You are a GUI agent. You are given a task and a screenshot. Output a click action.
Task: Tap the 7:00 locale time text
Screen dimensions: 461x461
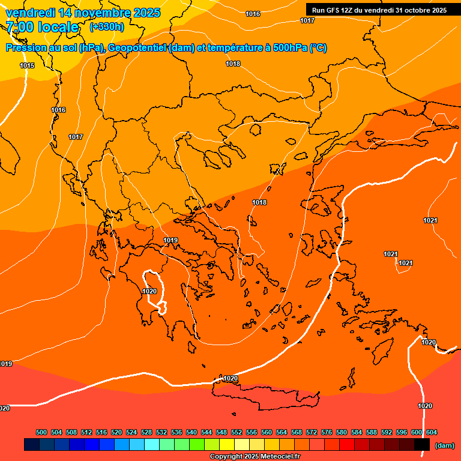coord(42,27)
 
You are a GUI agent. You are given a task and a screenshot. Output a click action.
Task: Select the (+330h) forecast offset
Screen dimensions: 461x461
coord(107,27)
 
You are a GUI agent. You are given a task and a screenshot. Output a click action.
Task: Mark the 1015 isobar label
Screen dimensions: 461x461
coord(27,65)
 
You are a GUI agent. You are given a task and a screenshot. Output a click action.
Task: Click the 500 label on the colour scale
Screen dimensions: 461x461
coord(41,432)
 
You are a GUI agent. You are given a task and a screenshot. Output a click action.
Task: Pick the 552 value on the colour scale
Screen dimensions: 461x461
coord(237,432)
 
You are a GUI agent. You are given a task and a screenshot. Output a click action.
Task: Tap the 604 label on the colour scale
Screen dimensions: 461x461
coord(431,432)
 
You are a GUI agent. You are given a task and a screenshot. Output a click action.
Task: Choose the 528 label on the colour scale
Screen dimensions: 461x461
coord(146,432)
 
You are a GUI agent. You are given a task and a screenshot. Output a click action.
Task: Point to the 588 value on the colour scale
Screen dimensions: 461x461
coord(372,432)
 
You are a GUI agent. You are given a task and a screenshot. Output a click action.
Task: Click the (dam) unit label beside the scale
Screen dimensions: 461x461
coord(445,445)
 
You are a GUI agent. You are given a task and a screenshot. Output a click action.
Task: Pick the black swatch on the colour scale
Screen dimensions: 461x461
coord(423,445)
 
